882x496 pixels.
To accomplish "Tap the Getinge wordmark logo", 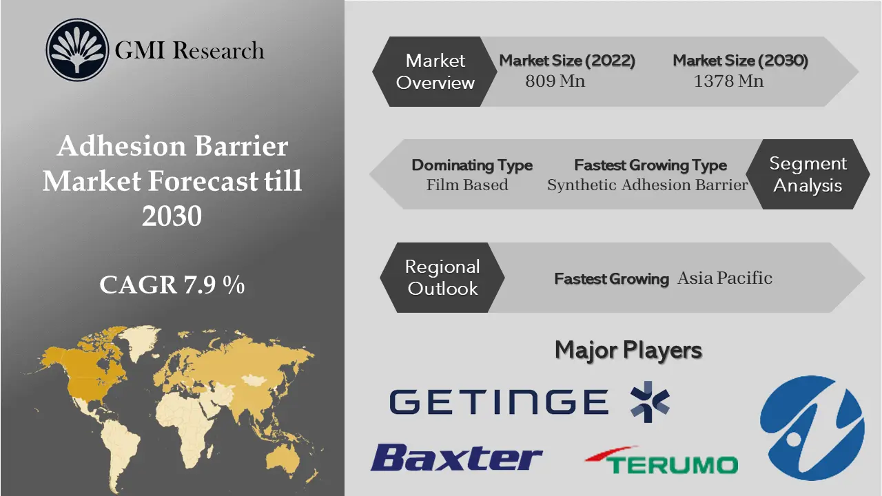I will [x=498, y=402].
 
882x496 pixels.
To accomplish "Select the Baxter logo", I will [x=456, y=458].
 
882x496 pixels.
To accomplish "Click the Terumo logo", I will [x=661, y=460].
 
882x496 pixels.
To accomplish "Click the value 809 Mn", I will [x=555, y=81].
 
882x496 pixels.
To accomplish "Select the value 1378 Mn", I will [x=728, y=81].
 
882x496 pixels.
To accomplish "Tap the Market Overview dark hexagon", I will [x=435, y=72].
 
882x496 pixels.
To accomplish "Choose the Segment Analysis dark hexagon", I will [x=808, y=174].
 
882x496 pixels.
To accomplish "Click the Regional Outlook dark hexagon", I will [x=442, y=277].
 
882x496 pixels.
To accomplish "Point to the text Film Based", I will [x=467, y=185].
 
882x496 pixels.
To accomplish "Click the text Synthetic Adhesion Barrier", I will [x=648, y=185].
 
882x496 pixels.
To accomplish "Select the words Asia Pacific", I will [x=724, y=278].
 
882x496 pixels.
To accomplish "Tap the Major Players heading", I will [x=628, y=350].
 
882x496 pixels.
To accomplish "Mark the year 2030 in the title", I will [x=172, y=216].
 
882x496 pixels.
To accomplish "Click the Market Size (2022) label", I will [x=567, y=61].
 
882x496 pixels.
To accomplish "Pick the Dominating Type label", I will [x=472, y=165].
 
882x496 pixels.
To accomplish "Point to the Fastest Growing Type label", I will [x=650, y=165].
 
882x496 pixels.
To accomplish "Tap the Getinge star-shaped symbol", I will [x=650, y=401].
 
